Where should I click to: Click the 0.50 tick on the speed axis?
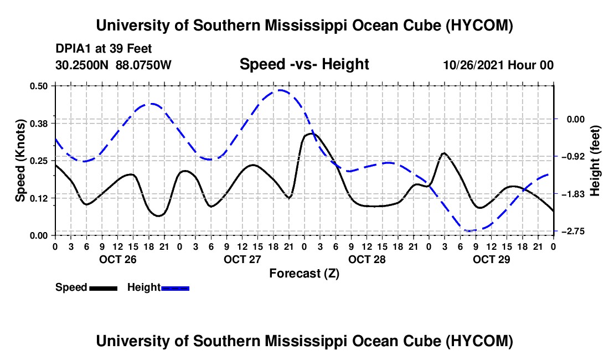pos(38,86)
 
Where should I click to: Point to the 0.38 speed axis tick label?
pos(38,124)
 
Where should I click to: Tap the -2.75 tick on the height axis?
pos(575,232)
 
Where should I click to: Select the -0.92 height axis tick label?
pos(575,157)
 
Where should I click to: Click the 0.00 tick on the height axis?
pos(576,119)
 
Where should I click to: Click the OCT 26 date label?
pos(118,259)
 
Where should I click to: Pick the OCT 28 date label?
pos(367,259)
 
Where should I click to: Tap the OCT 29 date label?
pos(491,259)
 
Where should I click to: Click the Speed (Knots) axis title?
pos(20,161)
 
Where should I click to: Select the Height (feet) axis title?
pos(595,161)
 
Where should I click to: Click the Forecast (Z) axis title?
pos(304,274)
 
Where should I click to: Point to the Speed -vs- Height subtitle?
pos(304,64)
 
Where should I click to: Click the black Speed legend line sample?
pos(104,288)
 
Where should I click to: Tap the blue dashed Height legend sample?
pos(175,288)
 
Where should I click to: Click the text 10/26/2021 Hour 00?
pos(498,65)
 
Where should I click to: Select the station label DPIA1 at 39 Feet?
pos(104,49)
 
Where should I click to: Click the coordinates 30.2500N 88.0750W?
pos(113,65)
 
